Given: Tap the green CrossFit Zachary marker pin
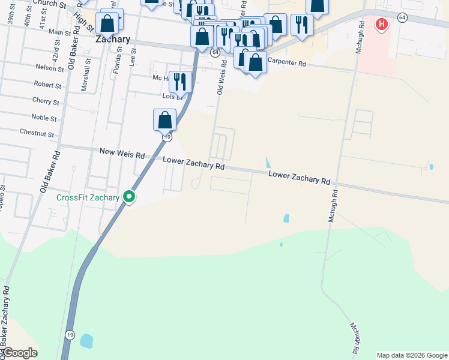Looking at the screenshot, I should pos(128,196).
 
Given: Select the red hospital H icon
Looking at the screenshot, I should pos(381,25).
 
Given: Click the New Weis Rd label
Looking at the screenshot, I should pos(122,154).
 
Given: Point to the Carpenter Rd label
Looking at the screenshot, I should pos(287,62).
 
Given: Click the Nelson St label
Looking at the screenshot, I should pos(50,68).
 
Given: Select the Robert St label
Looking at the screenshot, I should pos(47,85).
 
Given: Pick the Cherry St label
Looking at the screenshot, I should pos(46,101).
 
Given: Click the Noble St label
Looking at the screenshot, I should pos(44,118).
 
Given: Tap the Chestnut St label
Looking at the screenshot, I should pos(37,133).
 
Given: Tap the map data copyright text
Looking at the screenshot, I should pos(411,355).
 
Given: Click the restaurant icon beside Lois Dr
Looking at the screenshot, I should pos(180,81).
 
